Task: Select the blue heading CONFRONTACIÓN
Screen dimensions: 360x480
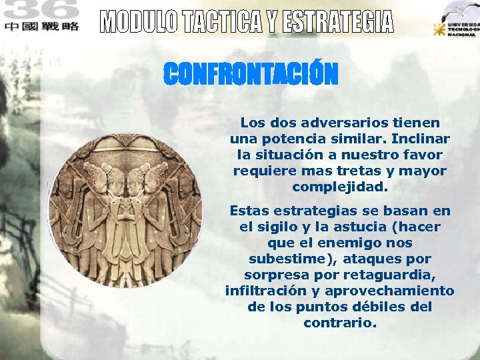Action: click(x=251, y=74)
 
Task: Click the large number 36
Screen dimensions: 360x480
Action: click(x=45, y=9)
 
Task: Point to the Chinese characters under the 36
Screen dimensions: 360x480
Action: click(x=41, y=26)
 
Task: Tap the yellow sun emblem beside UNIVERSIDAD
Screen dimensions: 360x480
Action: click(x=439, y=30)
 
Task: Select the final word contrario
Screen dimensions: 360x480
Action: click(x=339, y=323)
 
